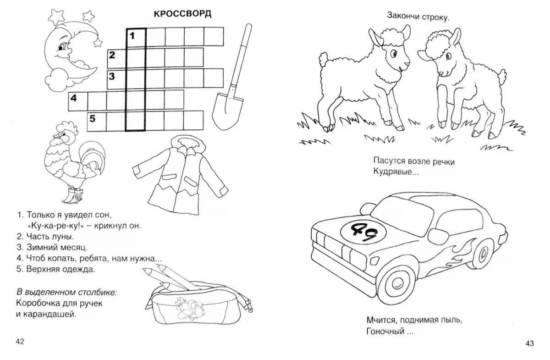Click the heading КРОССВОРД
[182, 14]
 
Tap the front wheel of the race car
[398, 285]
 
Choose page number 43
[530, 343]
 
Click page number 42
[20, 342]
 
